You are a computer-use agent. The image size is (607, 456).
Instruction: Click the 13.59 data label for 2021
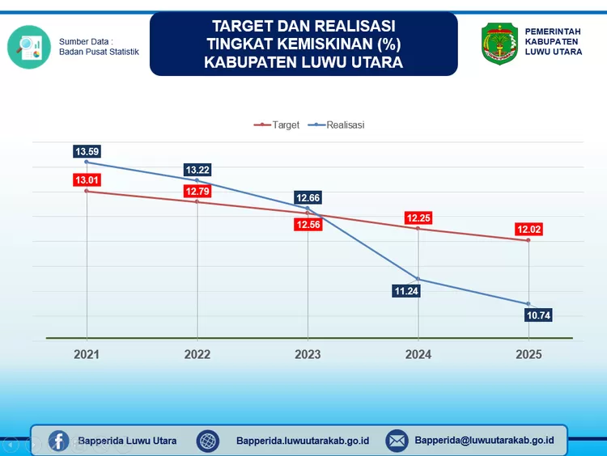click(87, 151)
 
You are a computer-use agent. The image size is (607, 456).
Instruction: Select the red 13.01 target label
click(87, 179)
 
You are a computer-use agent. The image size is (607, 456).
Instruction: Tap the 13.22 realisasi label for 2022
click(197, 170)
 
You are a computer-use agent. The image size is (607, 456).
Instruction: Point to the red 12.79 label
click(197, 192)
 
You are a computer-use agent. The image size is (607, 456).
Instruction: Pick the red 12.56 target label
click(308, 224)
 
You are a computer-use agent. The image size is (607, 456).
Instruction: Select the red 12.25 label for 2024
click(418, 218)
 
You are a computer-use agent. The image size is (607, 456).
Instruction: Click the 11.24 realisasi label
click(405, 291)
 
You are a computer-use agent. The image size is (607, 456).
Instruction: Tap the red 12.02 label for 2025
click(529, 230)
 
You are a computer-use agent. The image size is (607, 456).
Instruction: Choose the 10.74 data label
click(537, 315)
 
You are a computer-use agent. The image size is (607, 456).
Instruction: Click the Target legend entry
click(278, 125)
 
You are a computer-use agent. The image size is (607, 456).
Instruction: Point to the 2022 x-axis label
click(197, 354)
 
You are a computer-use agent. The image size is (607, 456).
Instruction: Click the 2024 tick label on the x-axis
click(418, 354)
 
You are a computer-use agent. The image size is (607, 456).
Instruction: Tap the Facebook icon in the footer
click(58, 441)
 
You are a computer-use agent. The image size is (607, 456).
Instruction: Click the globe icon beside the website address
click(208, 441)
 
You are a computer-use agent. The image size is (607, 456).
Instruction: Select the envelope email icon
click(397, 441)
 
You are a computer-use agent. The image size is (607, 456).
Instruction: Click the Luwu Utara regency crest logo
click(499, 44)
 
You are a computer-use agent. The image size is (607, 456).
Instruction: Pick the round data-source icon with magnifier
click(28, 46)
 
